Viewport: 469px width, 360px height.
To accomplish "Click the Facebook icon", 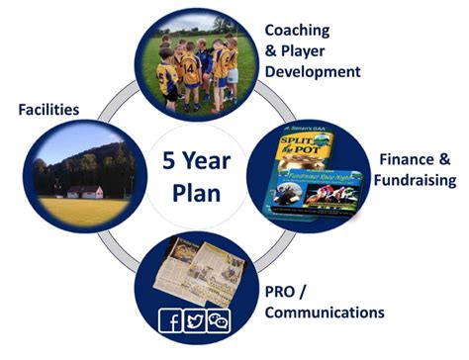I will coord(172,319).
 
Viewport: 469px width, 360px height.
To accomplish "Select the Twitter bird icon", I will coord(194,319).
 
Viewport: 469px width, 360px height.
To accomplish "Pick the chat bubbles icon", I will coord(217,319).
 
